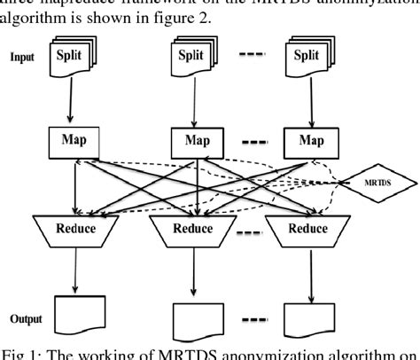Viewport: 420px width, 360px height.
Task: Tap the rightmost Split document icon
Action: [306, 56]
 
